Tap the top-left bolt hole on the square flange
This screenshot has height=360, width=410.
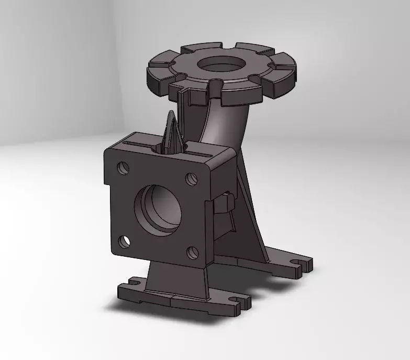[123, 167]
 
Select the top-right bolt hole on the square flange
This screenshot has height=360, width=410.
[191, 178]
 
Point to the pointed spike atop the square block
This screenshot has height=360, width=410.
[173, 131]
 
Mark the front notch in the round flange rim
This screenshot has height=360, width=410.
[215, 84]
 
